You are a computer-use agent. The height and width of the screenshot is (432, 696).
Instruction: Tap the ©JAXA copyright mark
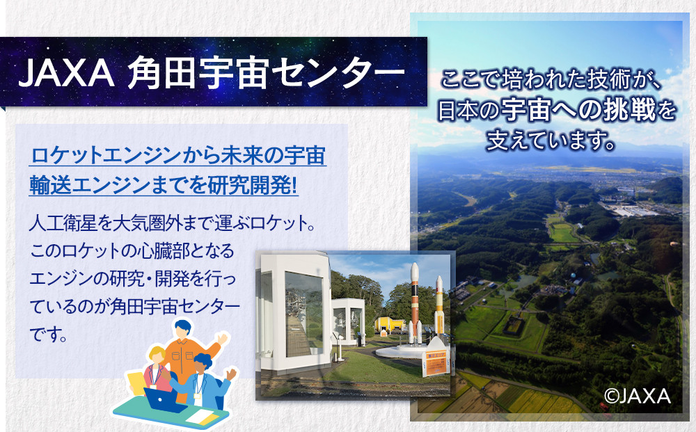click(637, 396)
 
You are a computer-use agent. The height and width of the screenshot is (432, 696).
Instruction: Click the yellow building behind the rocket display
click(390, 323)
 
